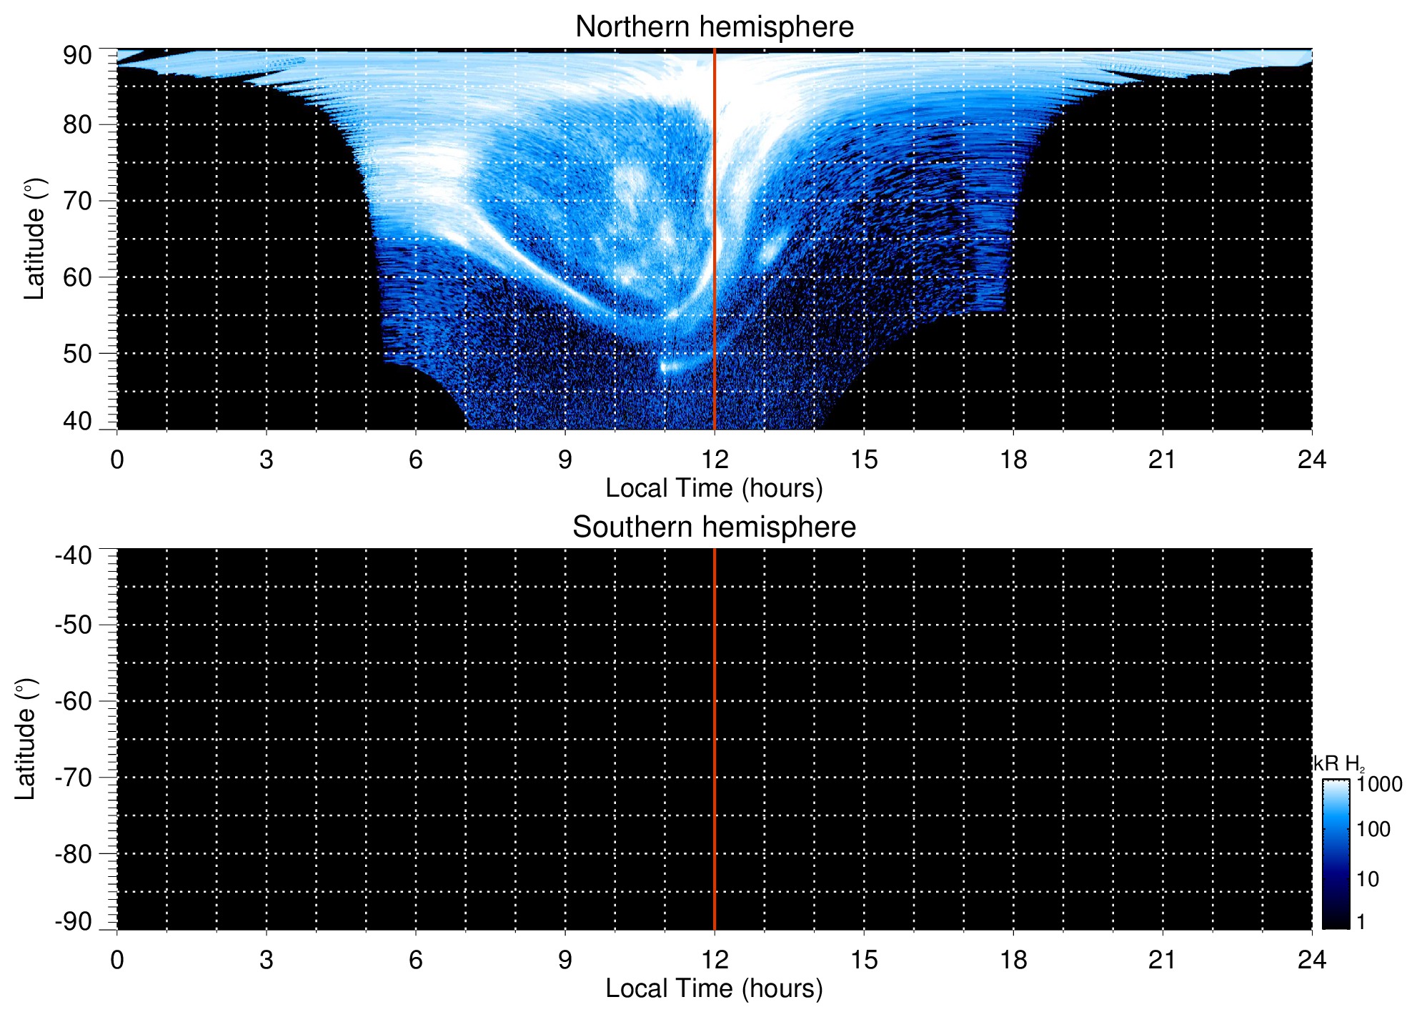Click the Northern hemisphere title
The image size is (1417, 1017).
click(714, 27)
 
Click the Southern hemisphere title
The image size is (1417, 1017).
click(714, 527)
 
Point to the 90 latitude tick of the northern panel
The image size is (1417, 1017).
click(77, 56)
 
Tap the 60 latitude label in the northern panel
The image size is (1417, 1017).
click(77, 277)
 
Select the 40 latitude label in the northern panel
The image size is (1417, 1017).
click(77, 421)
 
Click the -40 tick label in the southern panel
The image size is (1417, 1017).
click(74, 555)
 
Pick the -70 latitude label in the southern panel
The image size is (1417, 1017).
click(74, 778)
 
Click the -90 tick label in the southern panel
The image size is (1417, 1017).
click(74, 921)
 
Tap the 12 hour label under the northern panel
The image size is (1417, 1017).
click(714, 460)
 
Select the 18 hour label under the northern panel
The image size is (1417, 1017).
click(1013, 460)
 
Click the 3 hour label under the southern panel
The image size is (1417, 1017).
click(267, 960)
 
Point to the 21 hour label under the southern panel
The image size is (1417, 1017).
click(1162, 960)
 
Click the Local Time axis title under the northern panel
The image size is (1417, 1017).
click(714, 488)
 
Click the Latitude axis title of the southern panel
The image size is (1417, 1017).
click(26, 739)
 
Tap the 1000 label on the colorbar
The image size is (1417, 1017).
click(1379, 785)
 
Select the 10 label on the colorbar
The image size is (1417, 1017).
click(1368, 879)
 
